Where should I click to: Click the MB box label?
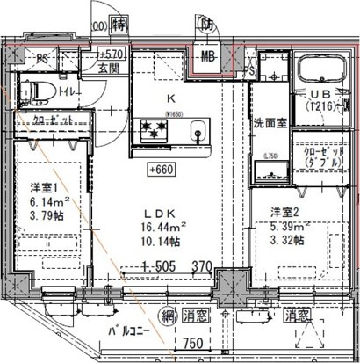[x=209, y=60]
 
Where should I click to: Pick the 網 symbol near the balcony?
[x=142, y=314]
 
